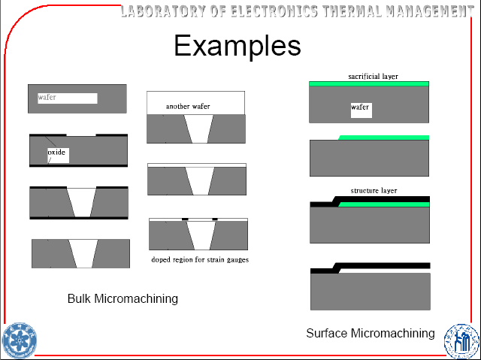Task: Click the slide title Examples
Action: [x=237, y=47]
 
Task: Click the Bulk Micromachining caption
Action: [x=123, y=298]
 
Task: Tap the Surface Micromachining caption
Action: [x=370, y=333]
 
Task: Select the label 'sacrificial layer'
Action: [x=373, y=77]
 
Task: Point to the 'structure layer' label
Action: [x=374, y=191]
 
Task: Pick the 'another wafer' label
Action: [x=188, y=107]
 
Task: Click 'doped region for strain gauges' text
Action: [x=200, y=260]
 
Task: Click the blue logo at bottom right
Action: [x=460, y=340]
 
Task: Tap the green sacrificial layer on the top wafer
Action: [x=369, y=83]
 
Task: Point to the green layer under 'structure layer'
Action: [x=383, y=204]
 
